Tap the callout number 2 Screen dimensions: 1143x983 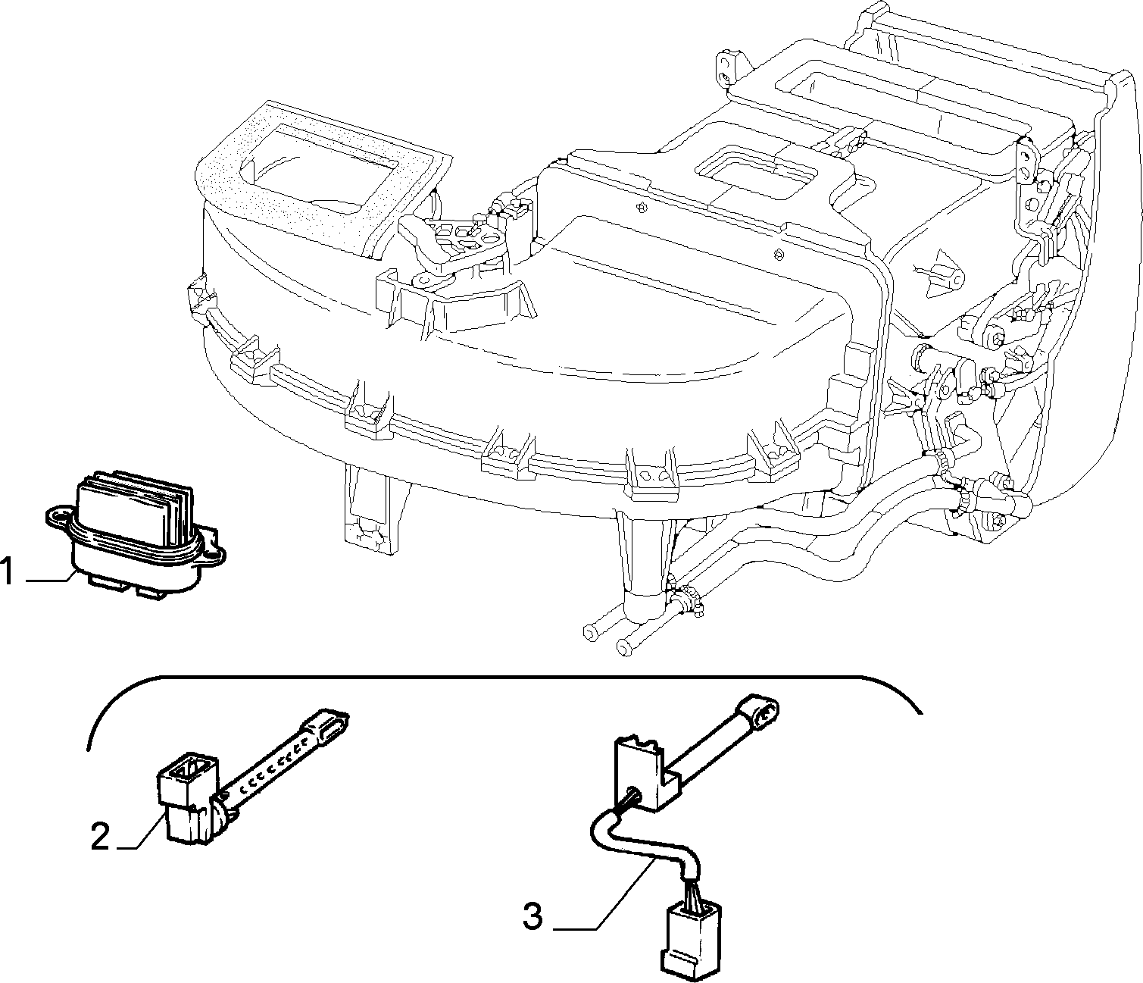[100, 836]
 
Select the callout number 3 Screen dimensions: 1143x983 [532, 916]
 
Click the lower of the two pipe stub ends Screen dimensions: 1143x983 [623, 647]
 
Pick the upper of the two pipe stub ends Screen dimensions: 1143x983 [591, 632]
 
